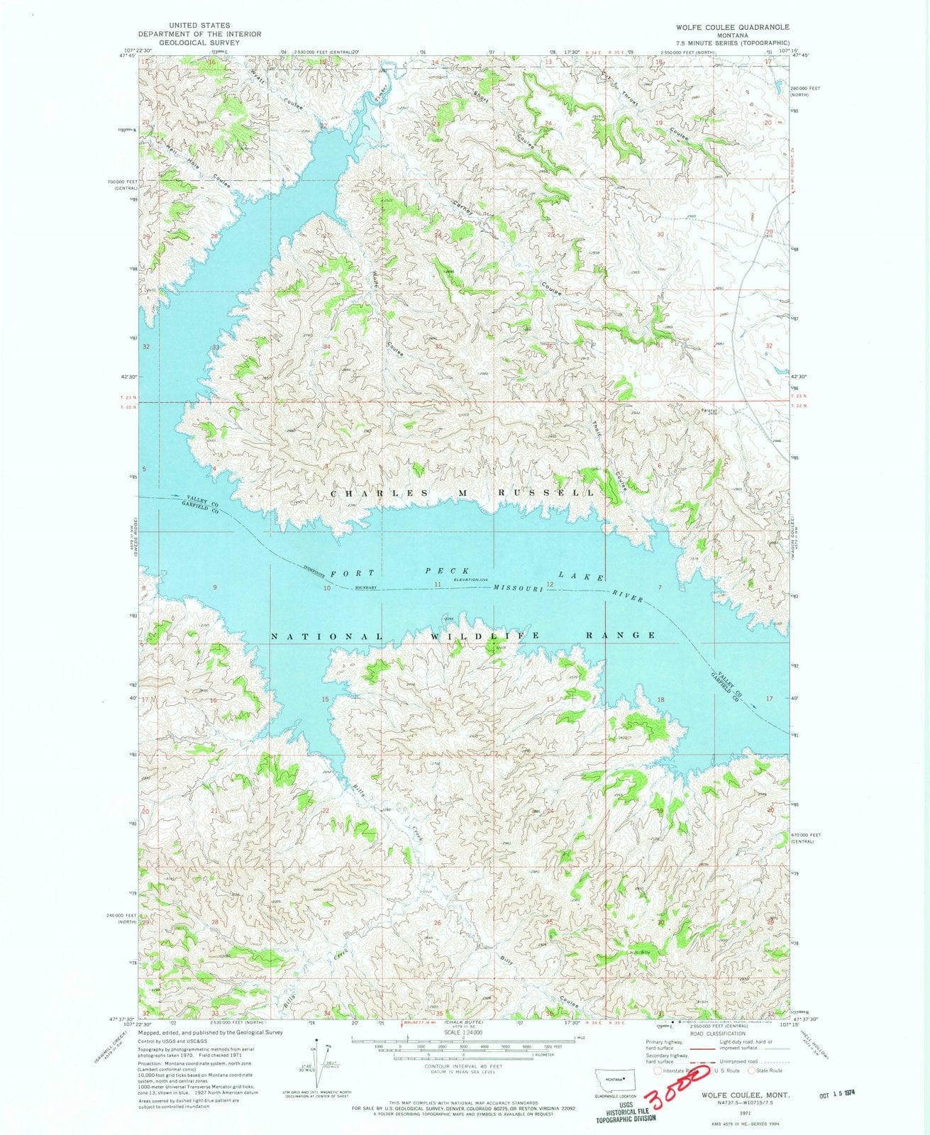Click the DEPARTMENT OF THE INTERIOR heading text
(x=190, y=34)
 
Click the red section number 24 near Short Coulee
(x=548, y=124)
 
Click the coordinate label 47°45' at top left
(x=128, y=56)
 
